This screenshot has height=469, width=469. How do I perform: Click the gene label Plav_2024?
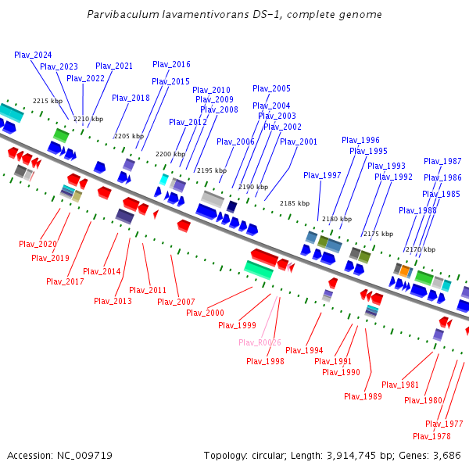[x=33, y=55]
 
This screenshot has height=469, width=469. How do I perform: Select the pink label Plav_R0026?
[x=260, y=342]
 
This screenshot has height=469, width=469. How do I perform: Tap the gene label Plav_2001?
[x=299, y=141]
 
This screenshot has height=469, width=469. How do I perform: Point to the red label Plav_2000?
[x=205, y=313]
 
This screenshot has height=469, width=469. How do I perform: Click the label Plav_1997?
[x=322, y=175]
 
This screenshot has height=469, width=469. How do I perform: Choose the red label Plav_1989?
[x=363, y=396]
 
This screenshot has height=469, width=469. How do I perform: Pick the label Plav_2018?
[x=131, y=98]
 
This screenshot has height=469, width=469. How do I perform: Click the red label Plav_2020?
[x=38, y=244]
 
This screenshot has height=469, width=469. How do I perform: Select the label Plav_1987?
[x=442, y=161]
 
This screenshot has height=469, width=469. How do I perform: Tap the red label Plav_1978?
[x=431, y=436]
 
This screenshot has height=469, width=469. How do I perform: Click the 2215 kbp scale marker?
[x=47, y=102]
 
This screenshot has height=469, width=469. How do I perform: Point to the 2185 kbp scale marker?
[x=295, y=203]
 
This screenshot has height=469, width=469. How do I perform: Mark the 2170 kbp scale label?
[x=420, y=249]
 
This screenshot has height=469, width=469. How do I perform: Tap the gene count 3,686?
[x=445, y=455]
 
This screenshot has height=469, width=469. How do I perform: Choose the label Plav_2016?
[x=171, y=64]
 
